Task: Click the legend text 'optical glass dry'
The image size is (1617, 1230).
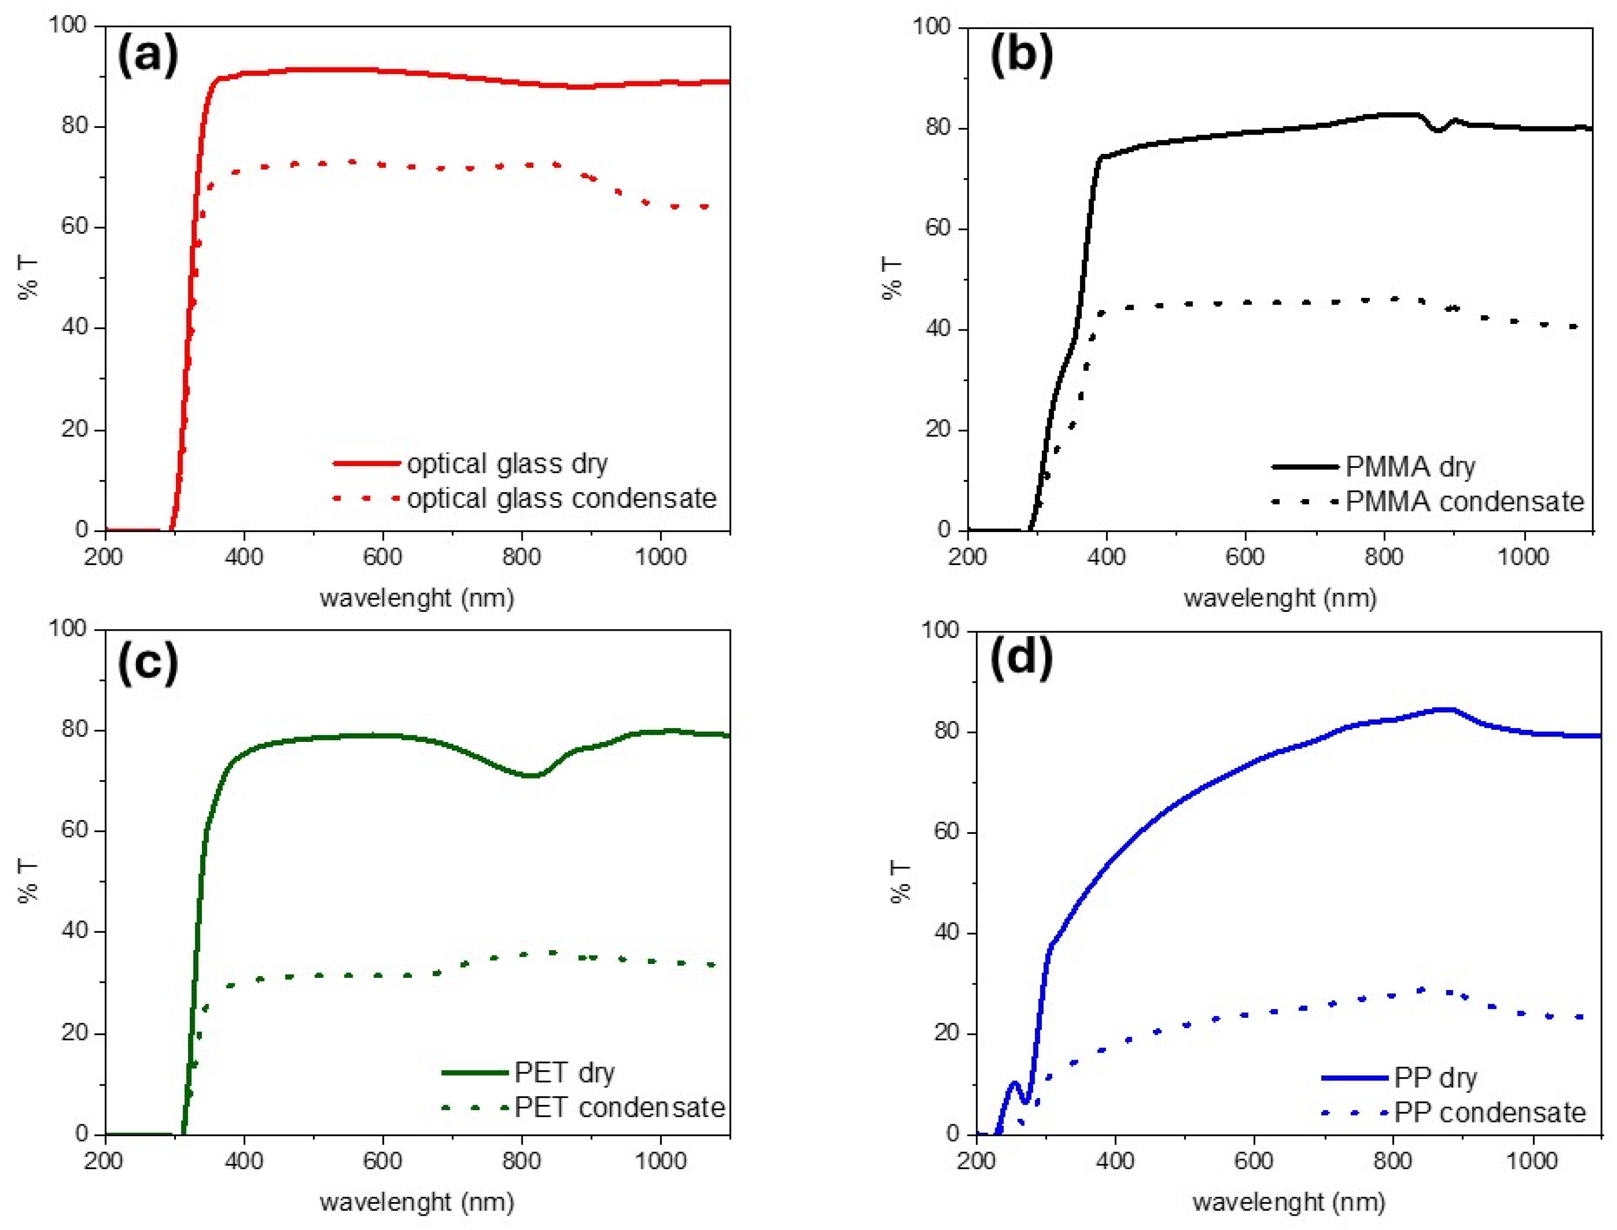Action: coord(507,463)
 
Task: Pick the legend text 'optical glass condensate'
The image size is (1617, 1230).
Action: coord(561,498)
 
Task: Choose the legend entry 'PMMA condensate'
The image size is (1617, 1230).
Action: coord(1464,502)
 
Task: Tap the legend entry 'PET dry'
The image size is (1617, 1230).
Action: coord(564,1073)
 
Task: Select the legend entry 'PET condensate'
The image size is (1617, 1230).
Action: coord(619,1108)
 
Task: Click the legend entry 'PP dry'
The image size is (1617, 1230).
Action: coord(1435,1078)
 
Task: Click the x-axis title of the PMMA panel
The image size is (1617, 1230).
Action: coord(1280,598)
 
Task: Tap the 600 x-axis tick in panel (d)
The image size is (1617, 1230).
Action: coord(1254,1161)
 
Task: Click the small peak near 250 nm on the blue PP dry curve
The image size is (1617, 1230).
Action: coord(1014,1083)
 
